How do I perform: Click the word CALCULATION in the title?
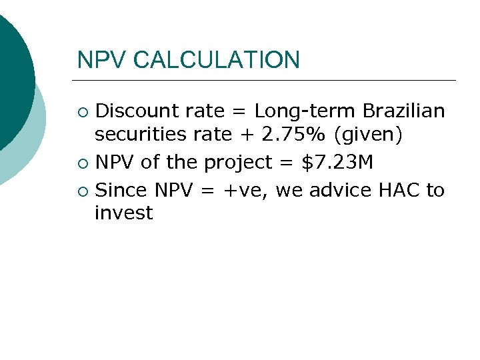coord(217,60)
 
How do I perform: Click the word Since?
coord(123,190)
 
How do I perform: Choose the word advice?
coord(340,190)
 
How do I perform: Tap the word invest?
coord(124,213)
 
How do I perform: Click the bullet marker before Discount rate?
coord(82,111)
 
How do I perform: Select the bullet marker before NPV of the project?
coord(82,163)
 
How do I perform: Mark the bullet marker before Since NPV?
coord(82,191)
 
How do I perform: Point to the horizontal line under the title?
coord(267,81)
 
